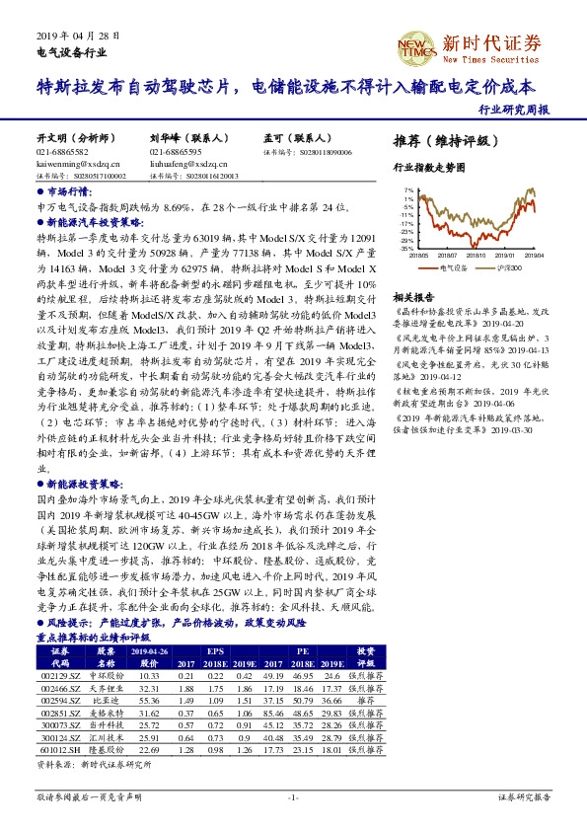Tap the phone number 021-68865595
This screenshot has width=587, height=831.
[x=176, y=153]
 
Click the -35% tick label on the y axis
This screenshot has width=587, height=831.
[x=406, y=249]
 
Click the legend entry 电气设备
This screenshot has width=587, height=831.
[x=453, y=266]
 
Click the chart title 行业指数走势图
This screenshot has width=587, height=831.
[x=427, y=169]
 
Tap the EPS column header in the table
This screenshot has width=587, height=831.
[x=214, y=651]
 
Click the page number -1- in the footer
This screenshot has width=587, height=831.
[x=293, y=795]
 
